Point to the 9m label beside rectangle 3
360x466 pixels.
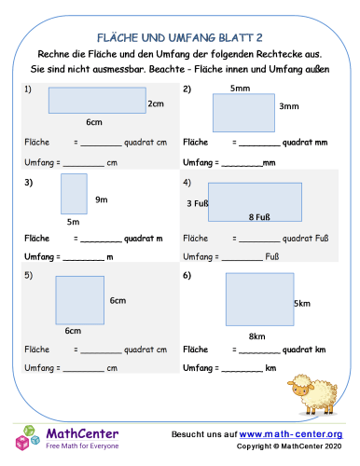(x=102, y=199)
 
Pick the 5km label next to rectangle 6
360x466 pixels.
(x=302, y=304)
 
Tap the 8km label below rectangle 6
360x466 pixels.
(x=258, y=336)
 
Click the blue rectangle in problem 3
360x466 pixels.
(x=75, y=194)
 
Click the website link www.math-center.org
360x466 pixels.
(x=292, y=434)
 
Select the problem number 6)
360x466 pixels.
(x=187, y=275)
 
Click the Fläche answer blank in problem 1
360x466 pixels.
(x=102, y=144)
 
